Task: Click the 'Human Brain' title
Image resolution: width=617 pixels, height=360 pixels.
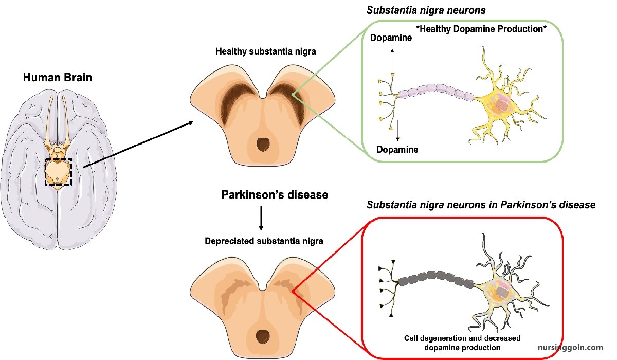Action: click(x=57, y=78)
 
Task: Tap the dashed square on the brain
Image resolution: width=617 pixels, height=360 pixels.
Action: click(x=59, y=172)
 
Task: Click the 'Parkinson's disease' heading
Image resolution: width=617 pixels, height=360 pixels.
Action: click(x=275, y=195)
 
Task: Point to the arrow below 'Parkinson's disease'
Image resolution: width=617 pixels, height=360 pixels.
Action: click(x=261, y=218)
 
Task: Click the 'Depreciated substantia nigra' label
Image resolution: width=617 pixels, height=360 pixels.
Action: click(x=264, y=241)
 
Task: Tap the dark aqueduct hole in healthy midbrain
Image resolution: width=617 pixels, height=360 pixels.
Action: click(x=263, y=145)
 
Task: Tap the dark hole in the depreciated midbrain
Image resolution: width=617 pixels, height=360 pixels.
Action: click(x=263, y=337)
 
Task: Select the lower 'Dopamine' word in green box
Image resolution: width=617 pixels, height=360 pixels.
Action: click(x=397, y=150)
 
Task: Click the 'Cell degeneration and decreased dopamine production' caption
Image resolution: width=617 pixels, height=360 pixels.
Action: click(x=462, y=343)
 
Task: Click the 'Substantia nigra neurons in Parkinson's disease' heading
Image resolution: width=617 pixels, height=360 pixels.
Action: click(x=481, y=205)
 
